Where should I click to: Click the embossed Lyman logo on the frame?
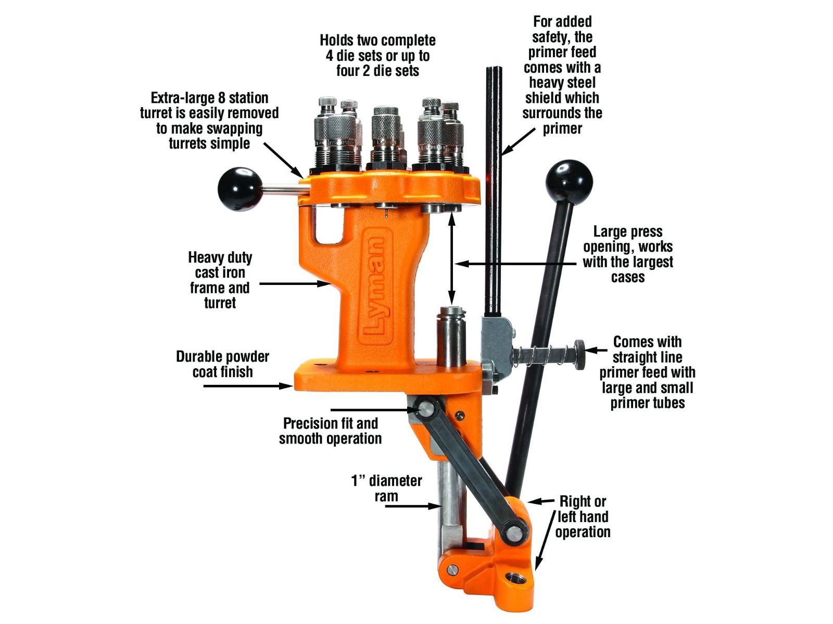click(373, 288)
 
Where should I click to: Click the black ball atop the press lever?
click(569, 184)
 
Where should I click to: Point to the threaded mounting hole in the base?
click(516, 578)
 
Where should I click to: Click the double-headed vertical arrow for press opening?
click(451, 261)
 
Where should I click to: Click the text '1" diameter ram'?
click(386, 488)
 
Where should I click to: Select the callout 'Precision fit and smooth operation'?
click(330, 431)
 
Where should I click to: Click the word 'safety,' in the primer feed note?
click(562, 37)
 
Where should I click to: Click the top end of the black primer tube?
click(494, 69)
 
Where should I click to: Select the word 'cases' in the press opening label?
click(628, 277)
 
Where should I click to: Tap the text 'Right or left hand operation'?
click(583, 517)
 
